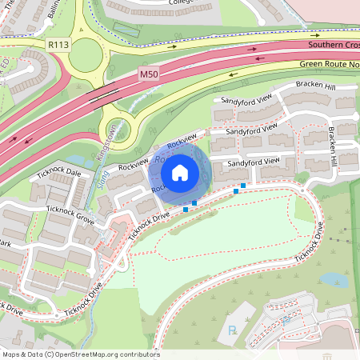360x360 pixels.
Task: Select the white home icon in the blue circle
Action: click(180, 172)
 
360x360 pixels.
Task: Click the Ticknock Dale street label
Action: click(58, 172)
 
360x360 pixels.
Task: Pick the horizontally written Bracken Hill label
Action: click(315, 86)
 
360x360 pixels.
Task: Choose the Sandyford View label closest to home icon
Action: click(253, 162)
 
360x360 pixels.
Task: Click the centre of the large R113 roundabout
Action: click(83, 54)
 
